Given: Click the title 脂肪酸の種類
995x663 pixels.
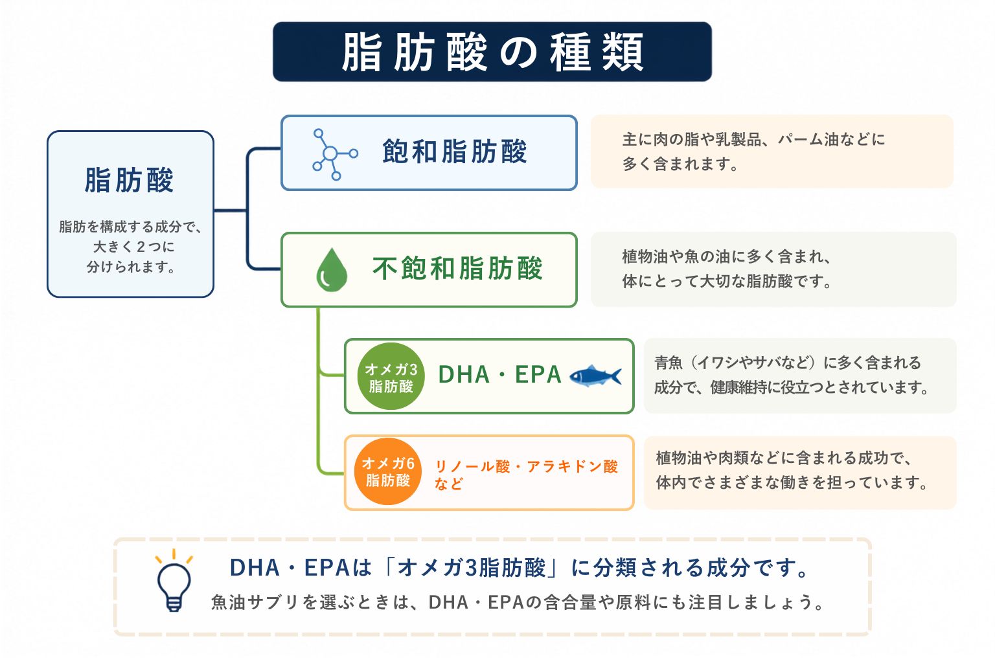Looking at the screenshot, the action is point(492,52).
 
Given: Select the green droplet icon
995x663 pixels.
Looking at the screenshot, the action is point(332,270).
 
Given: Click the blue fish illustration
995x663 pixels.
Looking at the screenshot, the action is point(595,376).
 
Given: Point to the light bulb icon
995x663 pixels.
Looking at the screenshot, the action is point(174,581).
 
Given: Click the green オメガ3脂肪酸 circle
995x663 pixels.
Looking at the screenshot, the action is point(391,376).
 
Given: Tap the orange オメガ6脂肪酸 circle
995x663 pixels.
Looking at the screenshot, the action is point(388,471).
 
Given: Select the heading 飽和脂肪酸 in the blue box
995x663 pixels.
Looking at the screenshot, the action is point(454,152).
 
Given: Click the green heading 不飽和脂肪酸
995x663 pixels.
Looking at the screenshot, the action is point(457,268).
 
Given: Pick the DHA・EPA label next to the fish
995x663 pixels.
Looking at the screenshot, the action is point(499,374).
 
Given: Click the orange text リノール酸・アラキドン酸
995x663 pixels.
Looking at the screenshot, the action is point(527,466).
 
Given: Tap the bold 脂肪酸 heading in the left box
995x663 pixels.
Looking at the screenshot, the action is point(130,180).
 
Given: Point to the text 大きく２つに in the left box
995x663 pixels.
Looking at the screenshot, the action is point(133,247).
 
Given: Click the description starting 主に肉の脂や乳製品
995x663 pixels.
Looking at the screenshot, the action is point(754,152).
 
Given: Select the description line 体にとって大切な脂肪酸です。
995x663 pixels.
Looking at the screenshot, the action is point(727,281).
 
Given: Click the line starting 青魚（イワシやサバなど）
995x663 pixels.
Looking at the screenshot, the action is point(788,363).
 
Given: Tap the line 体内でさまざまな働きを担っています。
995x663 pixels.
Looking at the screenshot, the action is point(792,482).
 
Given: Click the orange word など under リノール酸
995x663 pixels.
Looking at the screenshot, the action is point(449,484).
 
